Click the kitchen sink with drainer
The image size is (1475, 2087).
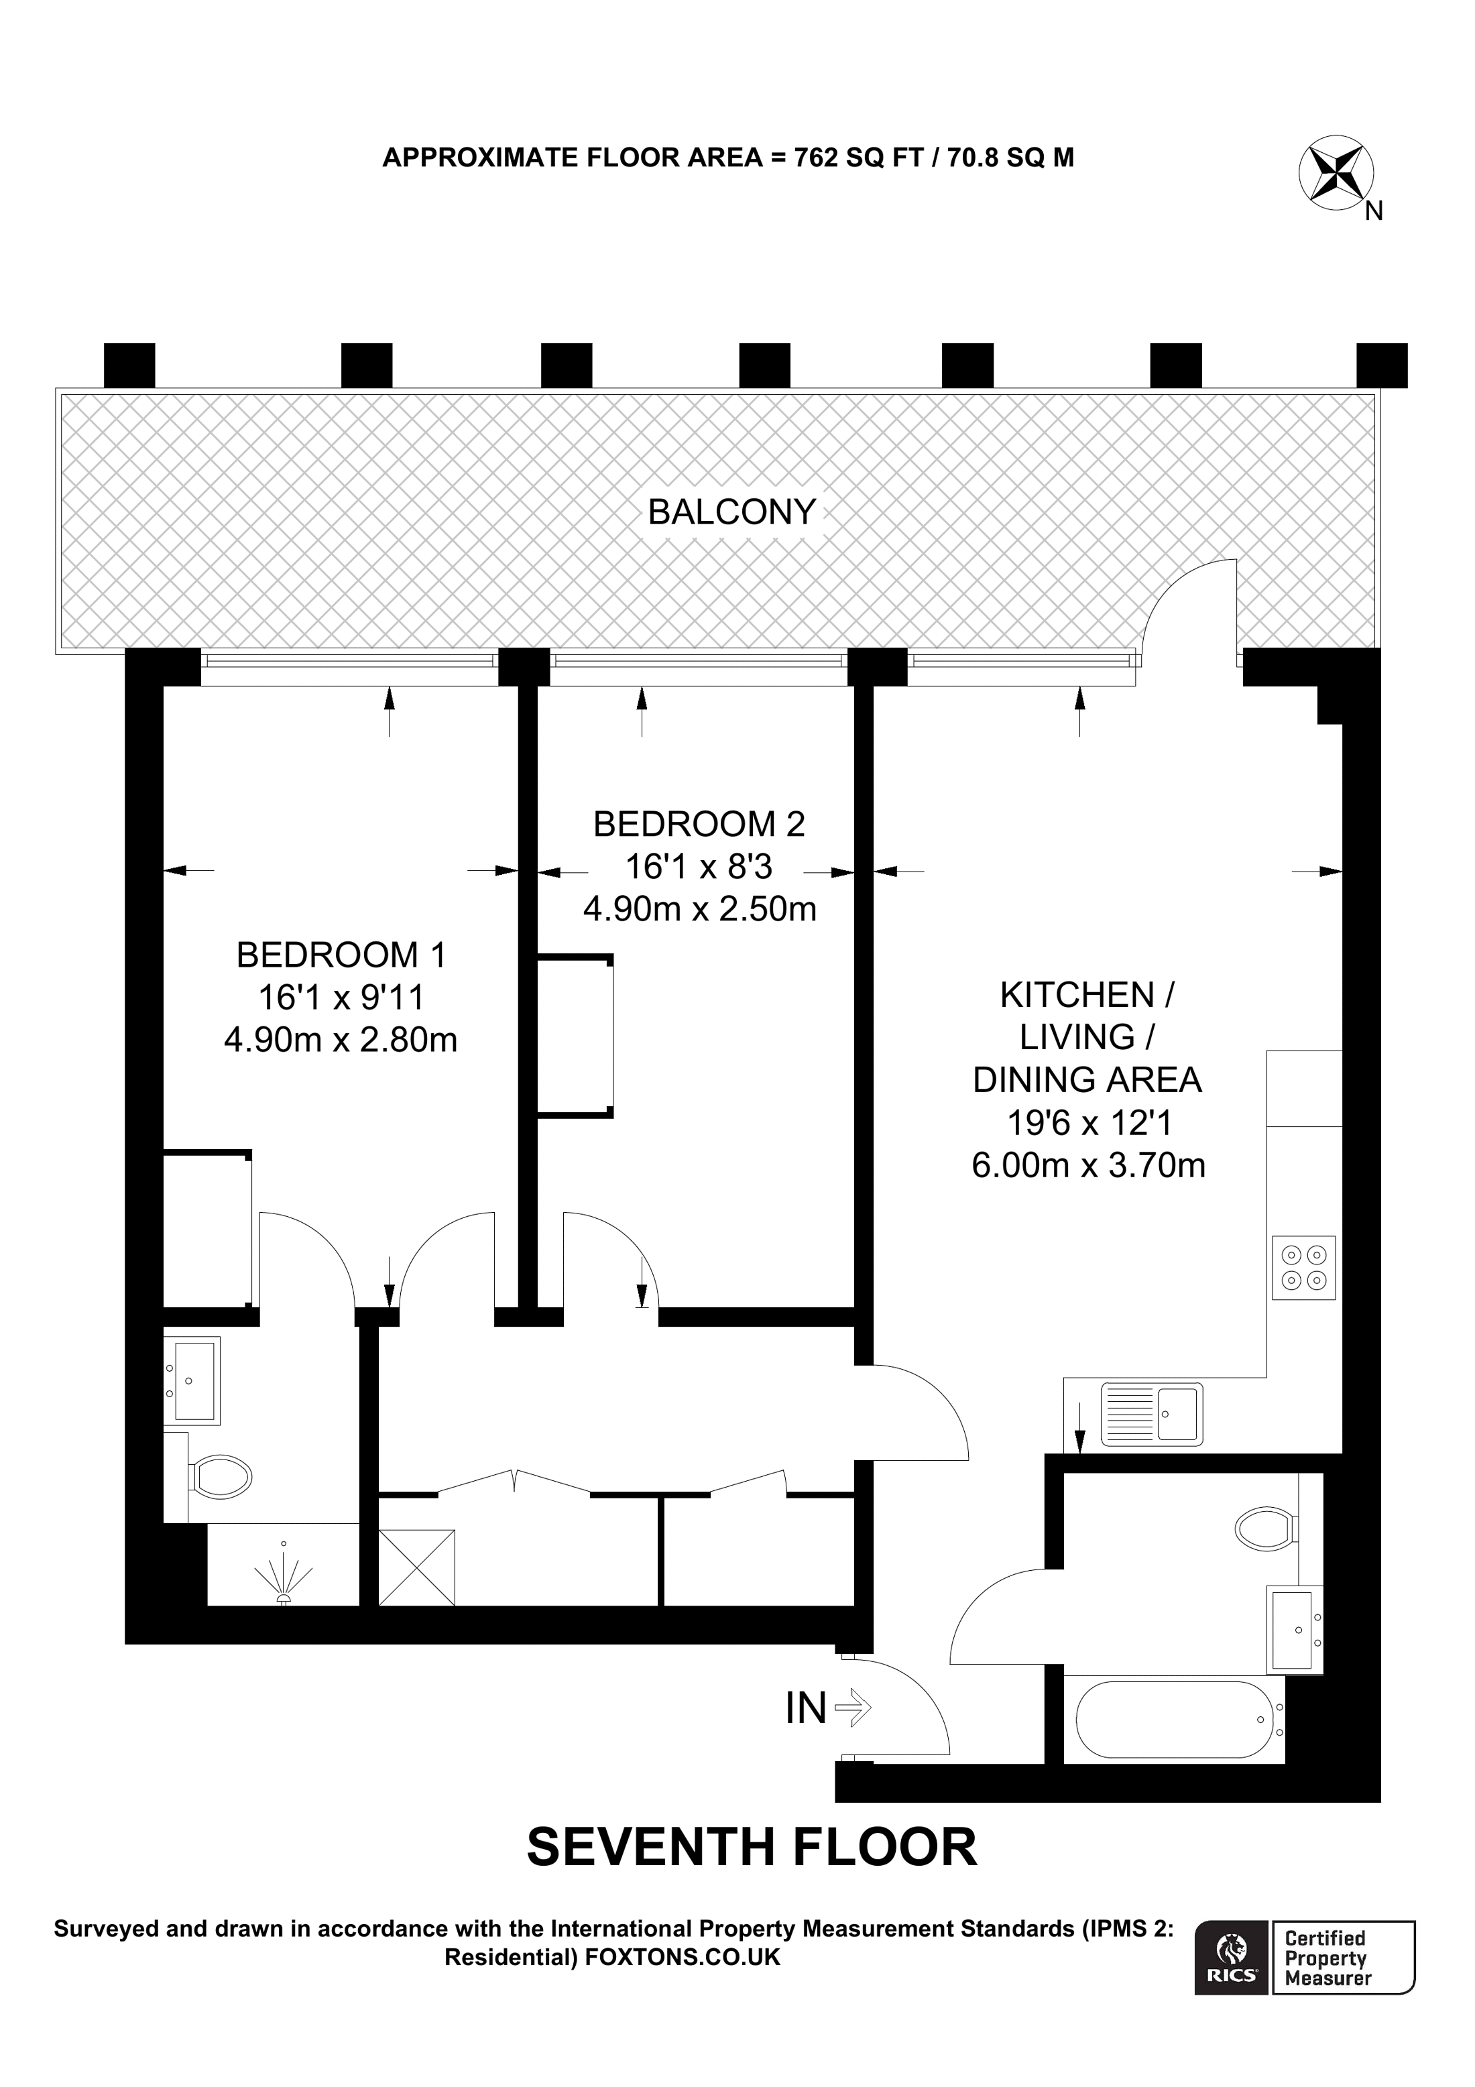pos(1151,1415)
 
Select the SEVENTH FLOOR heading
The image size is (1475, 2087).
pos(752,1847)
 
